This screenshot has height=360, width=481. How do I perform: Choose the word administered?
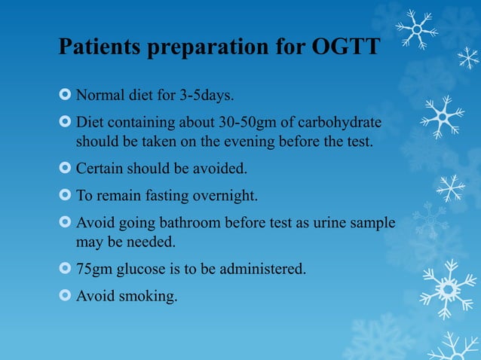[x=262, y=269]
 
